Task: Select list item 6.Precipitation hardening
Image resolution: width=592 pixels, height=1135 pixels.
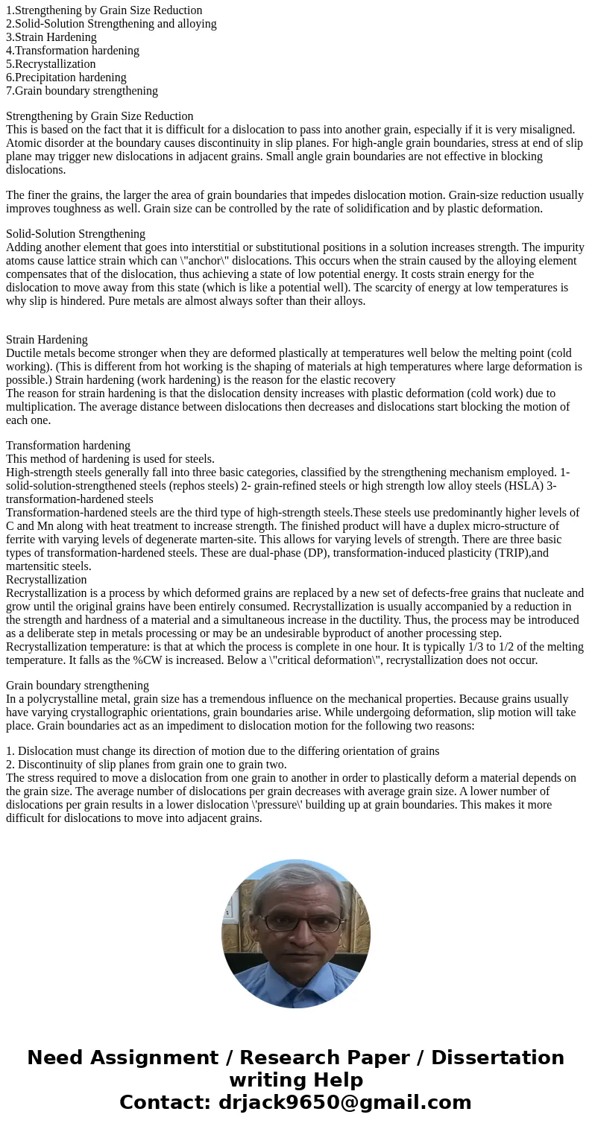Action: [66, 78]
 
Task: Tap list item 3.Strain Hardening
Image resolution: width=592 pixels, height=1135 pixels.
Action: [51, 37]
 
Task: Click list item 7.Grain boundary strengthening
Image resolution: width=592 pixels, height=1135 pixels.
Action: [81, 91]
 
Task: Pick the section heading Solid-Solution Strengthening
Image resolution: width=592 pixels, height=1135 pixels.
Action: [75, 234]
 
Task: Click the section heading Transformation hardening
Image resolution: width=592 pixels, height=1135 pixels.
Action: [68, 446]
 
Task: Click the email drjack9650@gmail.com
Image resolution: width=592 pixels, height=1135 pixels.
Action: [344, 1103]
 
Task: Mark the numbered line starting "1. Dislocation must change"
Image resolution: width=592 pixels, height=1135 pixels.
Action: [222, 751]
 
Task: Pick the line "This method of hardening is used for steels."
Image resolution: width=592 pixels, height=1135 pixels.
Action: [110, 459]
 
